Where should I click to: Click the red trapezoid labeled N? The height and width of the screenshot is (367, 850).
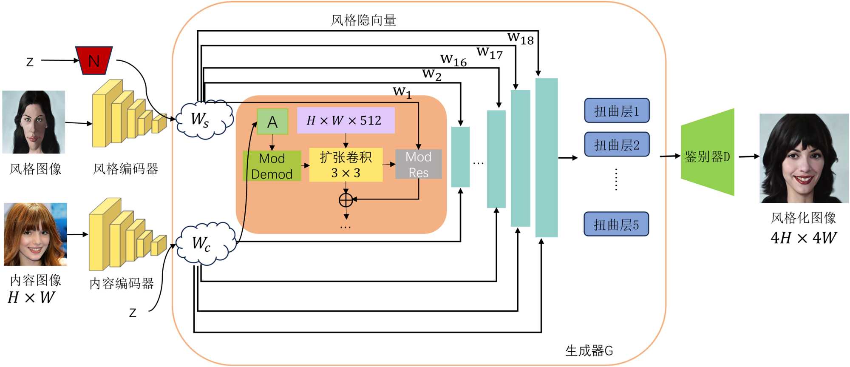tap(94, 61)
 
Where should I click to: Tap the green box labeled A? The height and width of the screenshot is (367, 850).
tap(272, 122)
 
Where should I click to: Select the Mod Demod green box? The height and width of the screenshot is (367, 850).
tap(272, 166)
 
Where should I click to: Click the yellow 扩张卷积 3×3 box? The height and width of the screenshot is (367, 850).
tap(346, 165)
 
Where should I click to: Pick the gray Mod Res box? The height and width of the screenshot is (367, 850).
tap(419, 164)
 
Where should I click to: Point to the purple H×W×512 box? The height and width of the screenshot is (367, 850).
tap(346, 120)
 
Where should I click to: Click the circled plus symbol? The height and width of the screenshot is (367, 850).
tap(346, 199)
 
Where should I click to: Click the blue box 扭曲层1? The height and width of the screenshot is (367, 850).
tap(617, 111)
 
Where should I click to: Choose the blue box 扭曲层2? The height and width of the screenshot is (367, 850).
tap(617, 145)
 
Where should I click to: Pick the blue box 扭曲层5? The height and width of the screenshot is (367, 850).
tap(616, 224)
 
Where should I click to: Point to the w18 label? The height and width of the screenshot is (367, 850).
tap(521, 38)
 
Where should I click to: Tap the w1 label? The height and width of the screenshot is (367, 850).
tap(402, 91)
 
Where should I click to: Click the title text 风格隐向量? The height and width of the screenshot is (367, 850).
tap(363, 20)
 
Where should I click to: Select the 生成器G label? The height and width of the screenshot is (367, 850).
tap(589, 350)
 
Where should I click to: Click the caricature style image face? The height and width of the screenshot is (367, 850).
tap(34, 122)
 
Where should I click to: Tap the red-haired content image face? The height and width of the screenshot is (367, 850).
tap(35, 234)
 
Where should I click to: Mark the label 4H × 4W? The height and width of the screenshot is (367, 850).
tap(803, 238)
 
